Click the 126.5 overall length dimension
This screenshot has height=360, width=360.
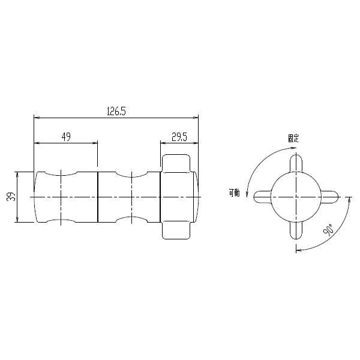[116, 111]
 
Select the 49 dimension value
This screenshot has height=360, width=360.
[66, 137]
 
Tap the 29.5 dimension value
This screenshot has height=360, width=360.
[179, 137]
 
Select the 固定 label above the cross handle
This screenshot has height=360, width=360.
[293, 138]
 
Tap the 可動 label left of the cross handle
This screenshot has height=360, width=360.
[234, 193]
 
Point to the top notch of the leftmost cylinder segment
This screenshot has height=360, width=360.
[61, 173]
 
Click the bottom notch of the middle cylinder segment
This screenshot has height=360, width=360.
[132, 220]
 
